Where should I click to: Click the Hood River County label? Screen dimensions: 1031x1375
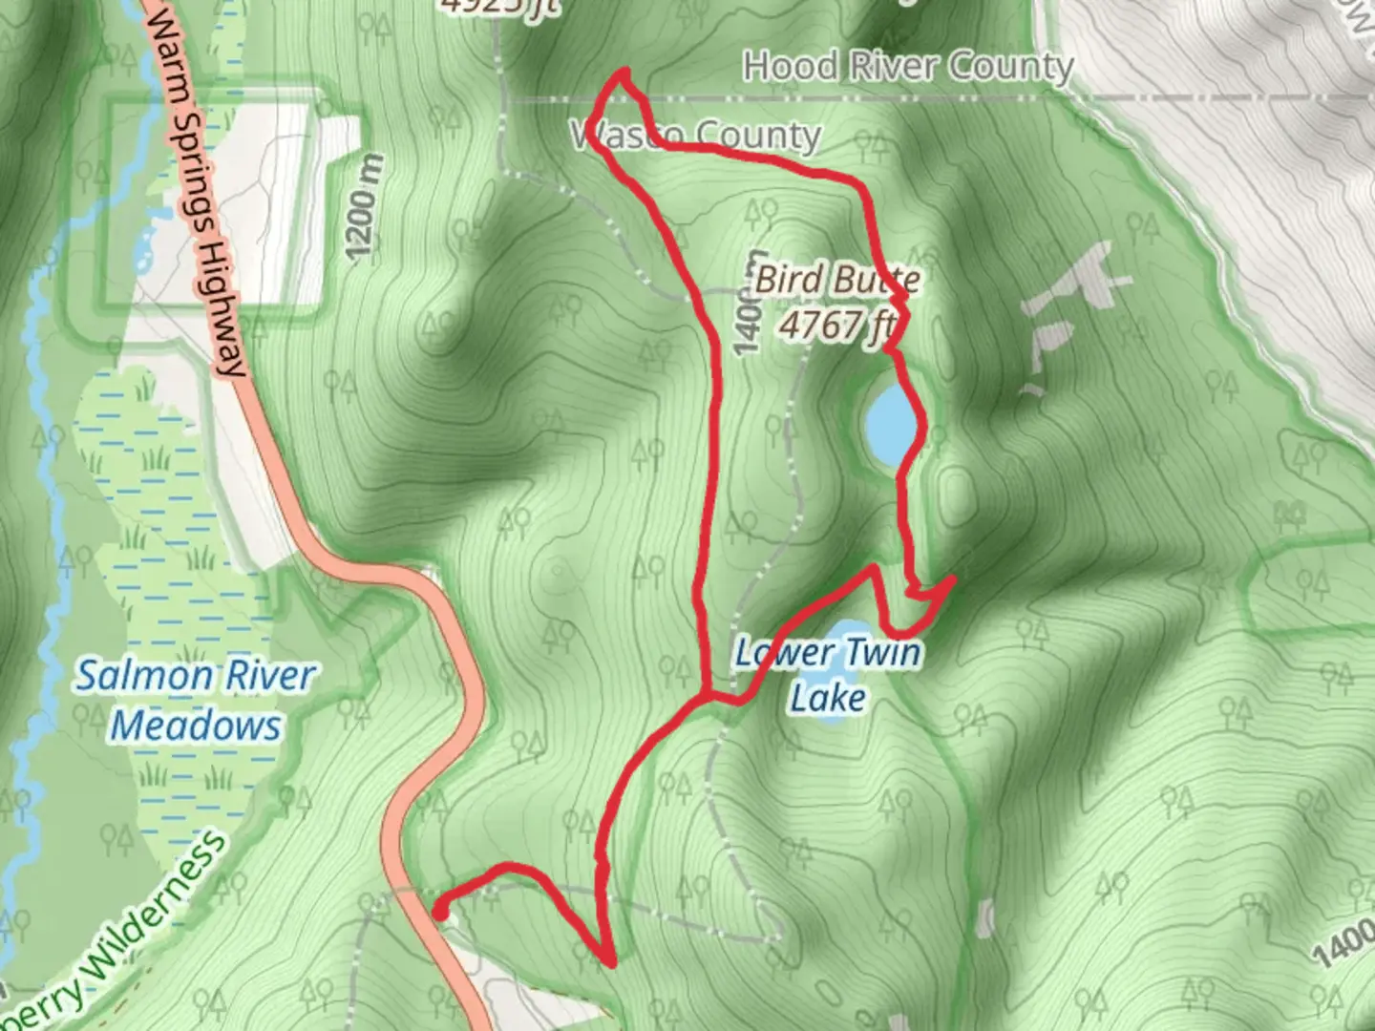pos(908,67)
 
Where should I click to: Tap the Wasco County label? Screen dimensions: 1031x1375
pos(695,136)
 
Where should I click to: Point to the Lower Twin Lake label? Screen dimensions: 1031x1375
pos(828,674)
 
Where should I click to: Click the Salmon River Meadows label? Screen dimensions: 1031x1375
pos(196,700)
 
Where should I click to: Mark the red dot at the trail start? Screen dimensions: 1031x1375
pos(440,913)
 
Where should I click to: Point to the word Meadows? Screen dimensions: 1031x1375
pos(196,726)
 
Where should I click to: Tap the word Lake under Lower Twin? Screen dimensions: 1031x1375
pos(828,697)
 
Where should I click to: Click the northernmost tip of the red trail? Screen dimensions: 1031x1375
pos(625,71)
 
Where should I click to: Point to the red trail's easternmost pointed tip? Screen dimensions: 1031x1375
pos(954,579)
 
